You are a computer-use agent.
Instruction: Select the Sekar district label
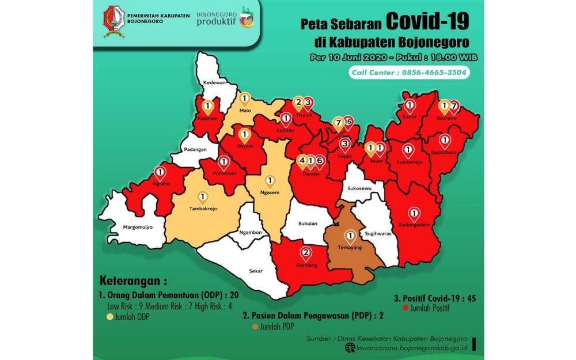pos(256,270)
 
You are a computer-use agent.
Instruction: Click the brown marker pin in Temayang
pos(349,236)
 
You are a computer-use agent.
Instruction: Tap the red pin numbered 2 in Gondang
pos(306,252)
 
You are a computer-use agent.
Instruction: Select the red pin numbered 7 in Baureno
pos(454,107)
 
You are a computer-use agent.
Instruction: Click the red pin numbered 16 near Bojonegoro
pos(347,122)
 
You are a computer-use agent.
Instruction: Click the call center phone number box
pos(409,73)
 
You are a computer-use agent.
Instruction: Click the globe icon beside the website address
pos(349,347)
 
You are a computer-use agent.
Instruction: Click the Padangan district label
pos(195,149)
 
